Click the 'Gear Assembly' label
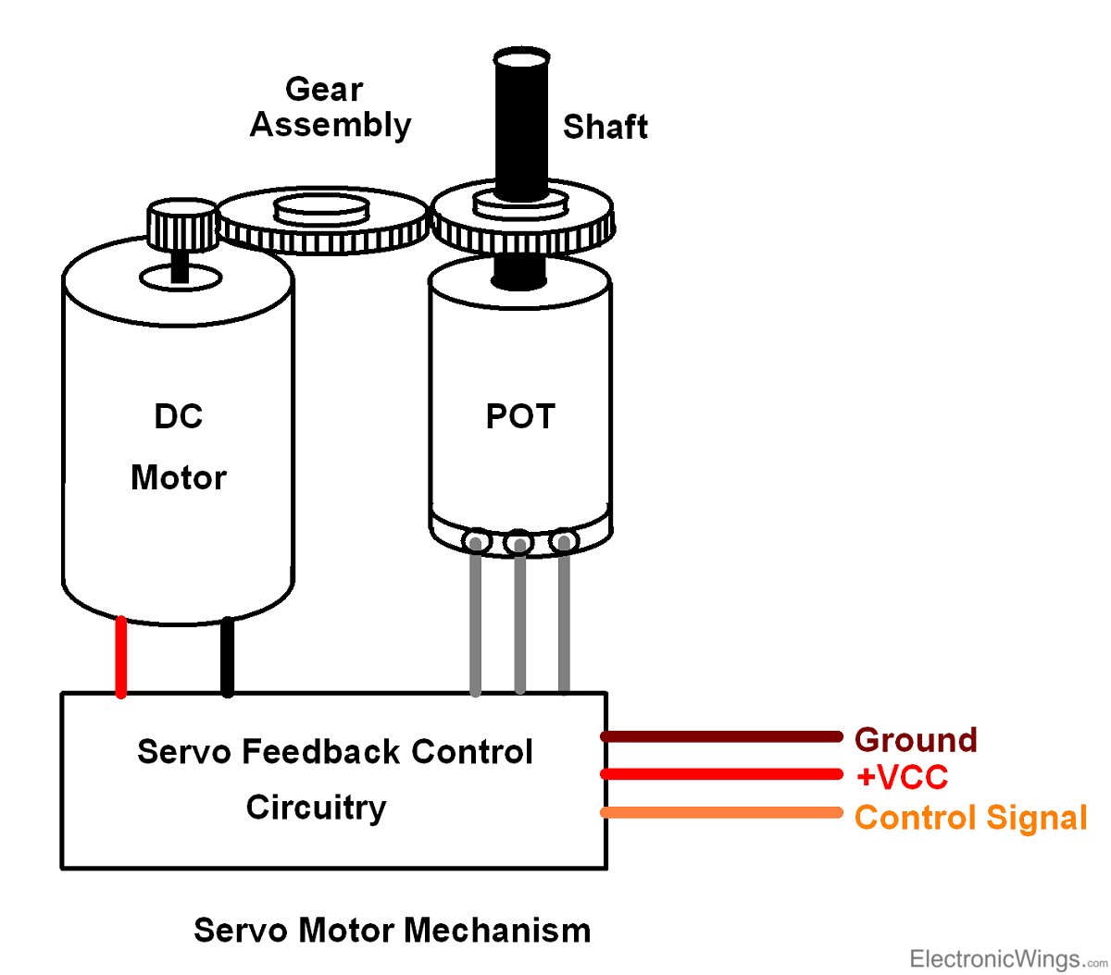coord(330,107)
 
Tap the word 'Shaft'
coord(605,127)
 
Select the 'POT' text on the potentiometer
coord(520,416)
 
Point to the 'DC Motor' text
coord(178,447)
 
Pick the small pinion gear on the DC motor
coord(181,225)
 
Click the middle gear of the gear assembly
coord(323,220)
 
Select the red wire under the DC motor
coord(120,657)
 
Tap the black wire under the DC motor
coord(227,657)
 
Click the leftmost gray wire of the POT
coord(476,620)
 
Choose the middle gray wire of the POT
coord(520,620)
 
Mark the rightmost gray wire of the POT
coord(564,620)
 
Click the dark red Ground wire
coord(722,736)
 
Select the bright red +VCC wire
coord(722,774)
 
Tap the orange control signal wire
coord(722,812)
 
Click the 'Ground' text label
coord(916,740)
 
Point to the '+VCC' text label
coord(902,777)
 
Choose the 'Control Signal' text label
coord(970,818)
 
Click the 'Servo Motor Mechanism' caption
coord(392,930)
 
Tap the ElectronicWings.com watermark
coord(1007,958)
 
